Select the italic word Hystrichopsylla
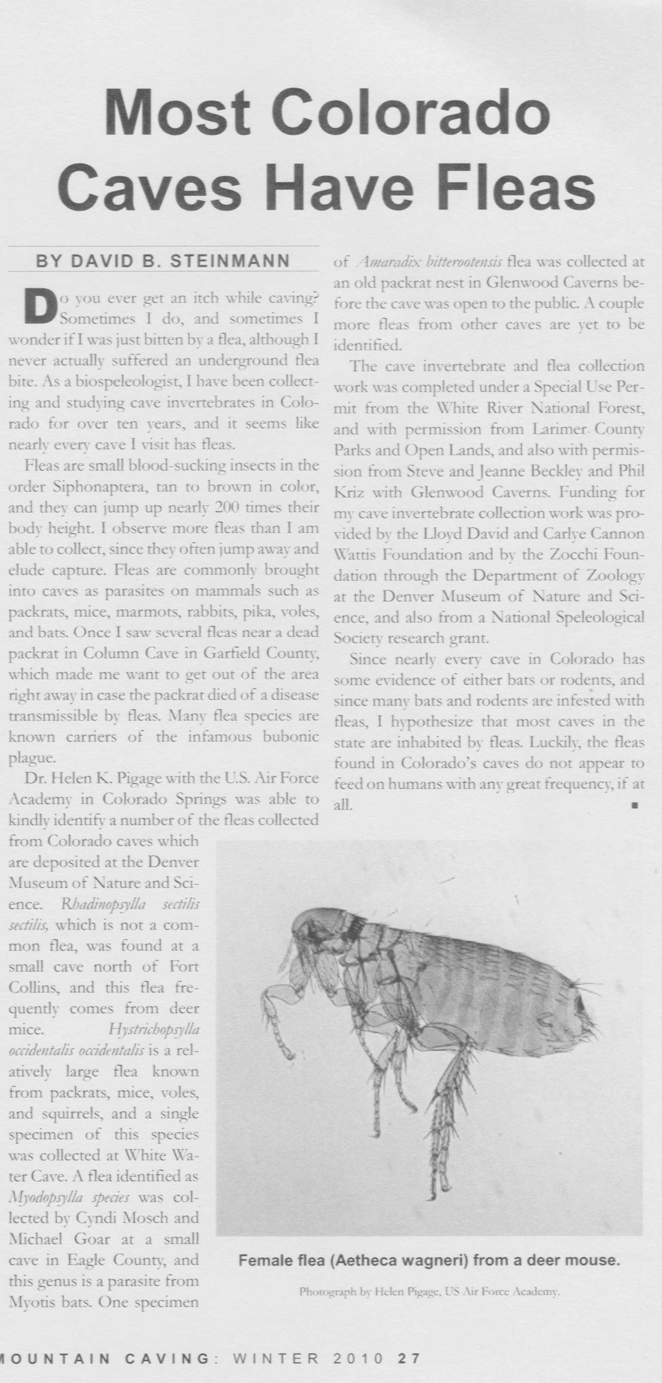point(154,1030)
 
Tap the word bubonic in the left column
point(291,737)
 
